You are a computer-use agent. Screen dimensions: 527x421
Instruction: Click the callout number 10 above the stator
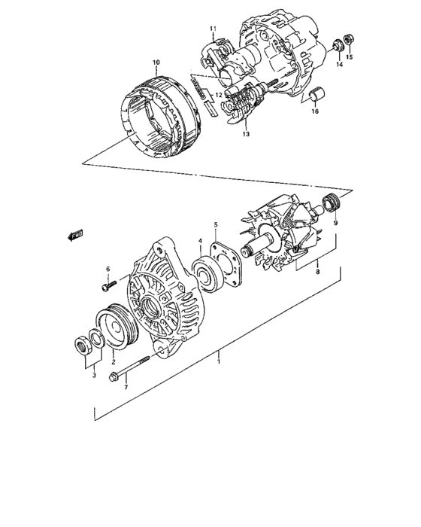click(x=156, y=62)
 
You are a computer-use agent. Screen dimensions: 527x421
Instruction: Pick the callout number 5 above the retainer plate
click(x=215, y=225)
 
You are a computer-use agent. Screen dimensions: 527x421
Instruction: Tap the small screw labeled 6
click(x=108, y=285)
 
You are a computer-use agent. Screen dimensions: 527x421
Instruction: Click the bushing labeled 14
click(x=338, y=47)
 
